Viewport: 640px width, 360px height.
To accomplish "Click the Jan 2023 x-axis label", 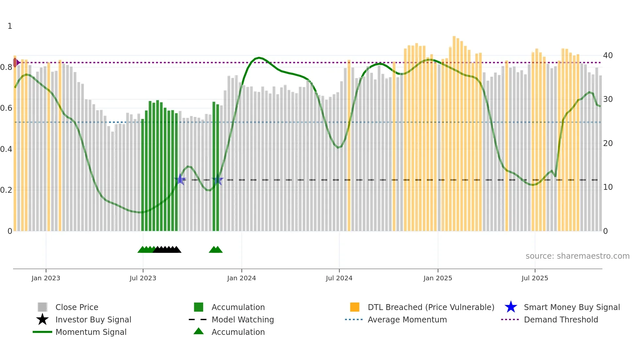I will click(x=46, y=278).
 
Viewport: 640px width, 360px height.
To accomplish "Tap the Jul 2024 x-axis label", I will click(x=339, y=278).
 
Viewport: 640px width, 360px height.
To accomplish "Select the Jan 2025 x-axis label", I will click(x=438, y=278).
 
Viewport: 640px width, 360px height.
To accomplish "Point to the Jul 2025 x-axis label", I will click(x=535, y=278).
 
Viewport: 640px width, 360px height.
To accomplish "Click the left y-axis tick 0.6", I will click(x=6, y=108).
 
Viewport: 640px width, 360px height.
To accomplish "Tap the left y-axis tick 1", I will click(x=10, y=26).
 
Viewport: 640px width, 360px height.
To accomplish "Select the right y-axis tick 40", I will click(x=608, y=56).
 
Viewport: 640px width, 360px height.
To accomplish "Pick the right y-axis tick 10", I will click(x=608, y=187).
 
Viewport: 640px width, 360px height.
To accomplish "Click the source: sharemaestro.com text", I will click(x=577, y=256).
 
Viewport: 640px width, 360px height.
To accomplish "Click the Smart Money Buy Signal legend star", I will click(x=511, y=307).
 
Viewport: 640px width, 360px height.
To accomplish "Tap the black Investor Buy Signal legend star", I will click(x=42, y=319).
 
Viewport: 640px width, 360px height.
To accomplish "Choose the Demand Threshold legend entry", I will click(x=561, y=319).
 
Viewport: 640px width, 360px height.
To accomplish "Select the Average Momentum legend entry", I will click(x=407, y=319).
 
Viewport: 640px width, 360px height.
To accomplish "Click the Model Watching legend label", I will click(x=243, y=319).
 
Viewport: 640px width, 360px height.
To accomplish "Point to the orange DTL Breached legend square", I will click(x=355, y=307).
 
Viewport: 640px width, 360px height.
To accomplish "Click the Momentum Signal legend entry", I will click(x=91, y=332).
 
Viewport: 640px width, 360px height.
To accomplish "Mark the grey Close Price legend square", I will click(x=42, y=307).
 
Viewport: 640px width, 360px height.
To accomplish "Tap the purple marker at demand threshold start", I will click(x=16, y=62).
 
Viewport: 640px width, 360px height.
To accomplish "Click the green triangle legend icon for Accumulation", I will click(x=199, y=331).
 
